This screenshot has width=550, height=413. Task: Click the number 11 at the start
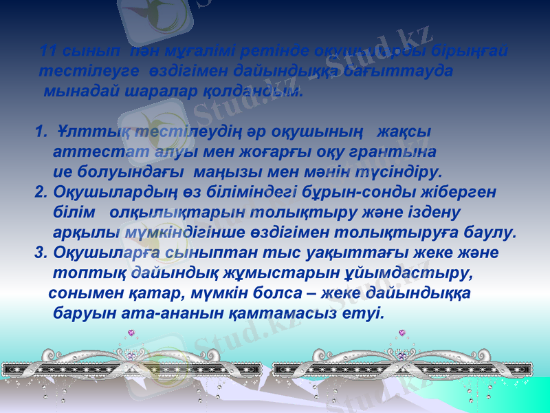tap(49, 51)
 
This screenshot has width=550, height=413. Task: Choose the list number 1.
tap(39, 131)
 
